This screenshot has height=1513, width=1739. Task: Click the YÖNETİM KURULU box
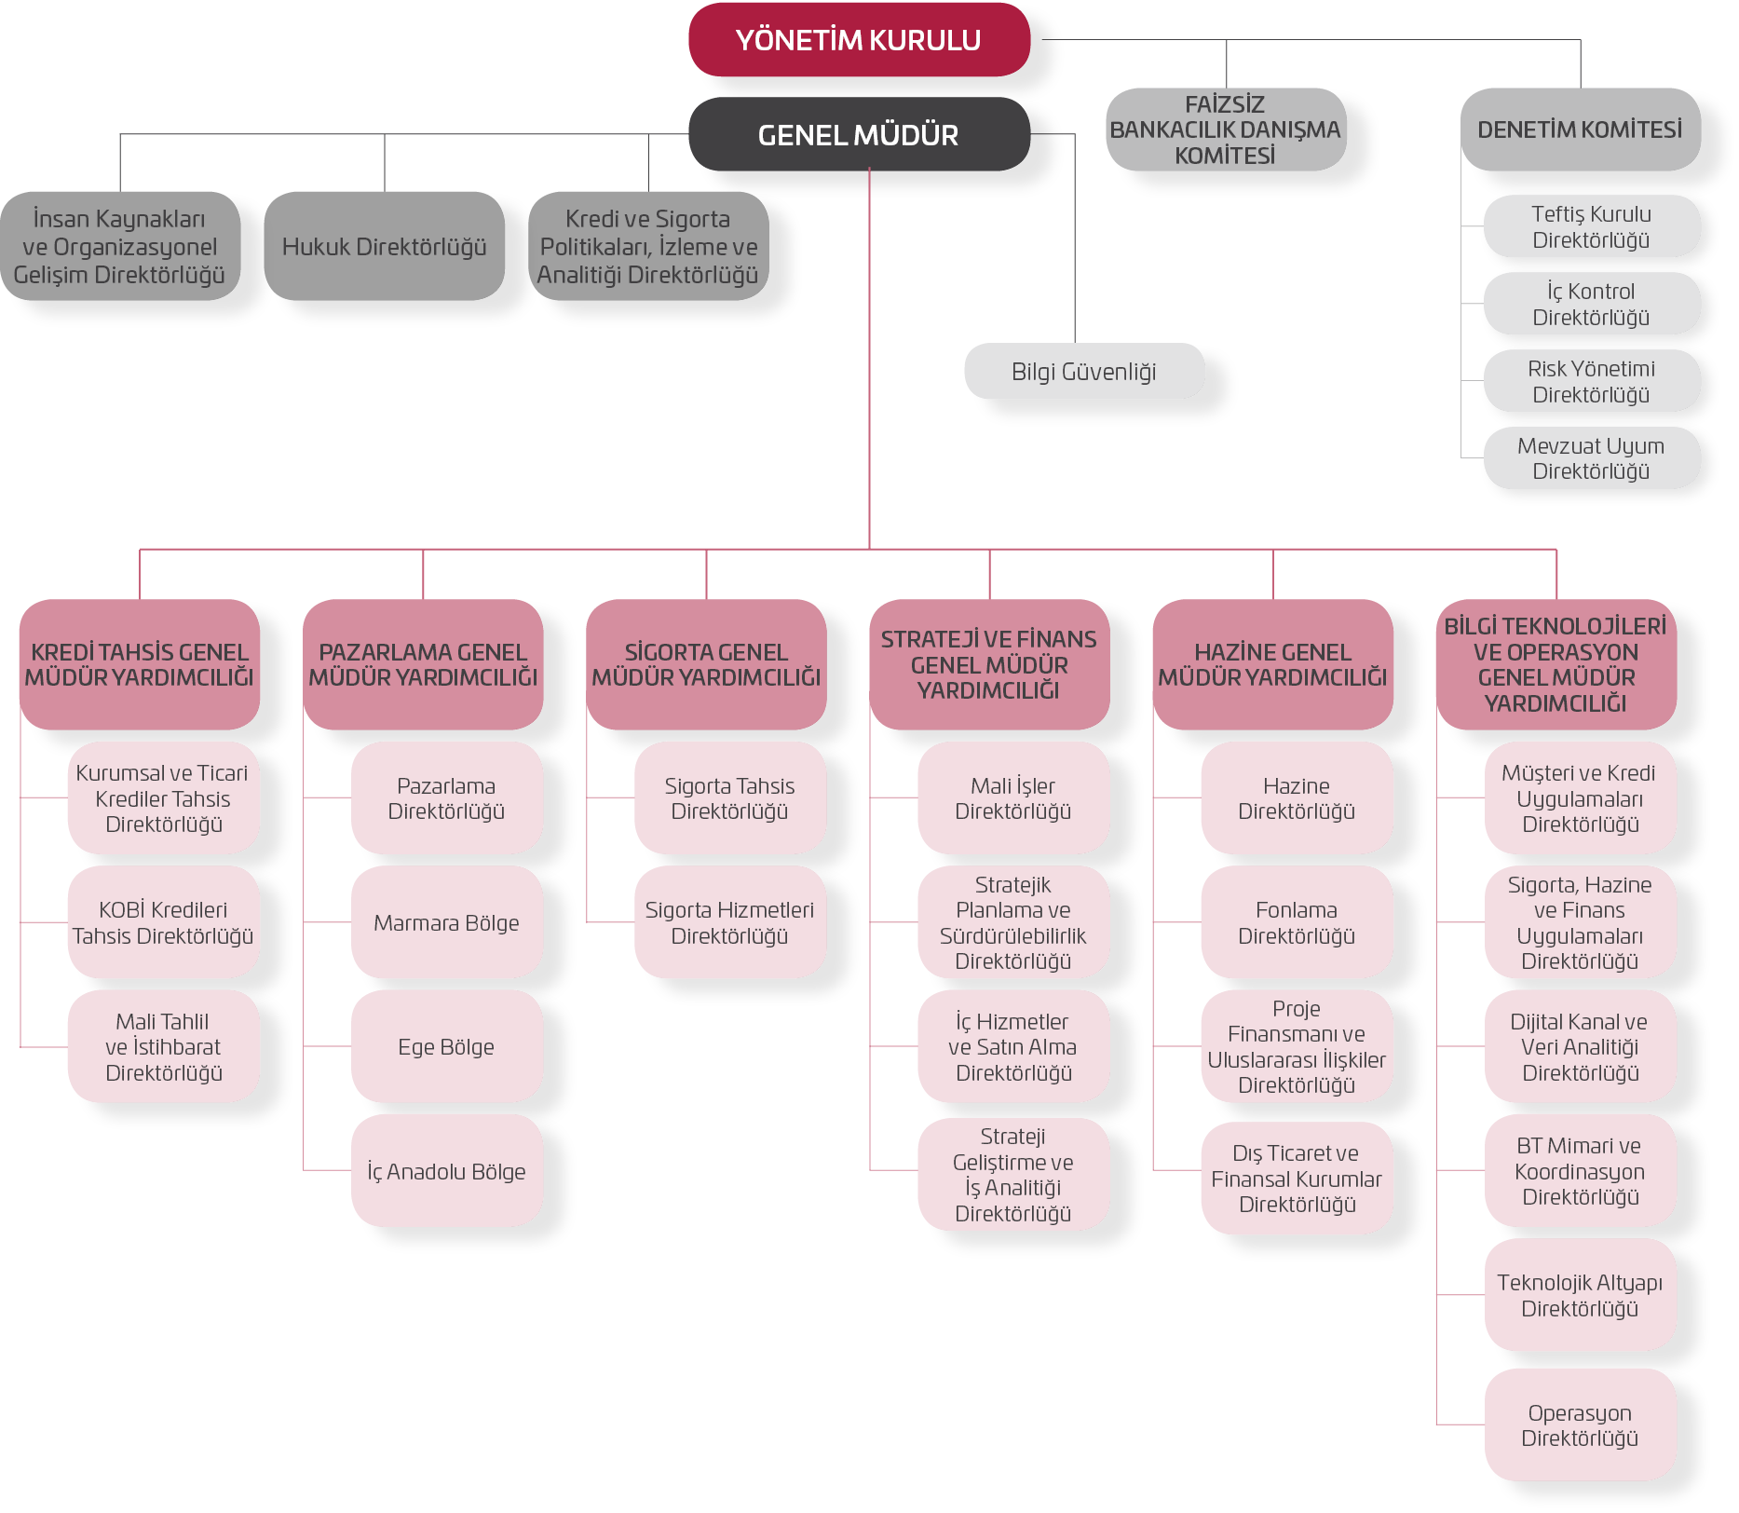(859, 40)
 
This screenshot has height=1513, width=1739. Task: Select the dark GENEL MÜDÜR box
(859, 135)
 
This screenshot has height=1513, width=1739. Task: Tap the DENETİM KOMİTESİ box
(1580, 129)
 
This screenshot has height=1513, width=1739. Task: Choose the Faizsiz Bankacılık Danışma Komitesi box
(1225, 129)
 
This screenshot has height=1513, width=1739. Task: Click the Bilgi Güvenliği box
(1083, 372)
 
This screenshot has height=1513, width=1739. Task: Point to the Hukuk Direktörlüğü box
(384, 247)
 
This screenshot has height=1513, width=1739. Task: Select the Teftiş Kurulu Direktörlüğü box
(1591, 226)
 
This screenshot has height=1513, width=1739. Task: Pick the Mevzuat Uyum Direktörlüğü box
(1591, 458)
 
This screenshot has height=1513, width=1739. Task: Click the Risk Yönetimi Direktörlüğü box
(1591, 381)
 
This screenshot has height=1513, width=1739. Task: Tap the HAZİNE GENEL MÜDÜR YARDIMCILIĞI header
(1272, 664)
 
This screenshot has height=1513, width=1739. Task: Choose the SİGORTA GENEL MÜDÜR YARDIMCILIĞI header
(706, 664)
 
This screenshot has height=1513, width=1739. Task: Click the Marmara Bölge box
(446, 922)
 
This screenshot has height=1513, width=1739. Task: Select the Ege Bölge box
(446, 1046)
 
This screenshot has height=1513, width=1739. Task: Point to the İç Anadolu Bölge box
(446, 1171)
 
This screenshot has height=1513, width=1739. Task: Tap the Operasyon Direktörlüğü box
(1580, 1424)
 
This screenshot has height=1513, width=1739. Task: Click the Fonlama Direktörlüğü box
(1296, 922)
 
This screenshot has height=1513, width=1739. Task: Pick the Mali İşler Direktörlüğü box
(1012, 798)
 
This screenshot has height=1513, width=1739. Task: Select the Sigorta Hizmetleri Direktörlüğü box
(729, 922)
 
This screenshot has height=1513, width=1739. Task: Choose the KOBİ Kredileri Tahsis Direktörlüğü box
(163, 922)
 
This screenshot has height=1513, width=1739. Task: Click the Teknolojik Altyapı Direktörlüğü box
(1580, 1295)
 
